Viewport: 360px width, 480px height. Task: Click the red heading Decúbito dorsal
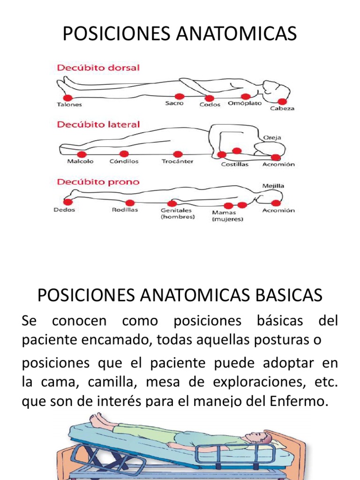[x=98, y=67]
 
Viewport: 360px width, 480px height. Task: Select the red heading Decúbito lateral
[x=98, y=125]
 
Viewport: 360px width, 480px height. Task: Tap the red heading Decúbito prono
[x=98, y=182]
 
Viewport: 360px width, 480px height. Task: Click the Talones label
[x=69, y=105]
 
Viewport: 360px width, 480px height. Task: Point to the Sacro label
[x=174, y=103]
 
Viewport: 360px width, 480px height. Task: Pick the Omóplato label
[x=245, y=103]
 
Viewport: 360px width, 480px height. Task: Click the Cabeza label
[x=282, y=109]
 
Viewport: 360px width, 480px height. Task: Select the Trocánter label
[x=177, y=161]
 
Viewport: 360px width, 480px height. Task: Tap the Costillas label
[x=235, y=164]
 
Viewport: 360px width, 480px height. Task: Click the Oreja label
[x=272, y=137]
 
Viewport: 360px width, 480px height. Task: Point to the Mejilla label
[x=273, y=186]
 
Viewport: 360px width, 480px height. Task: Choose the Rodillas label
[x=125, y=210]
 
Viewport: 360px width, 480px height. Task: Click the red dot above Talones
[x=67, y=97]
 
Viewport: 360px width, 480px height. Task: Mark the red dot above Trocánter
[x=177, y=154]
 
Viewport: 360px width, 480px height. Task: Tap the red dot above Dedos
[x=68, y=202]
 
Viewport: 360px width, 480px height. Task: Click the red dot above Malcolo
[x=82, y=154]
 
